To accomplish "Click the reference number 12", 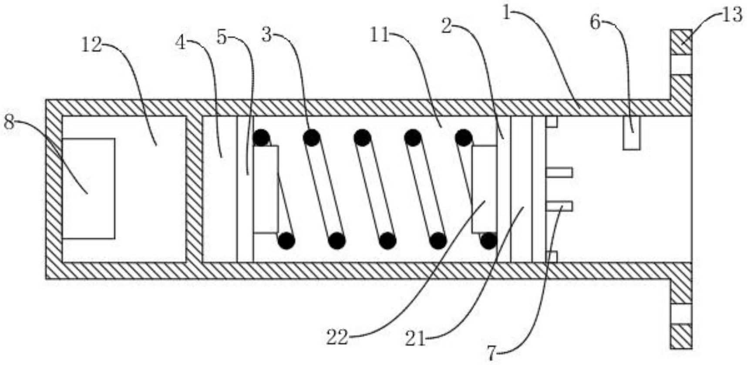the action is [x=92, y=45].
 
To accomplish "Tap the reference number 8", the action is [x=9, y=122].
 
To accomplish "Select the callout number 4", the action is [x=181, y=43].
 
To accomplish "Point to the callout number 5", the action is [x=222, y=38].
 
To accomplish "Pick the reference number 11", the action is [x=379, y=35].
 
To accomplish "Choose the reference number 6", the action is [x=596, y=21].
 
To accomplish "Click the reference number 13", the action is [x=732, y=15].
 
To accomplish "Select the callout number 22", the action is [x=338, y=337].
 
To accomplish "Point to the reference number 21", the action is [x=415, y=338].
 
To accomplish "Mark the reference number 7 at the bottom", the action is [x=492, y=353].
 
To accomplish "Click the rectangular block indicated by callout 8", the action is [x=89, y=189].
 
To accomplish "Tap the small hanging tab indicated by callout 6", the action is [x=631, y=133].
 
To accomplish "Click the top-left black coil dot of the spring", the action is [x=261, y=138].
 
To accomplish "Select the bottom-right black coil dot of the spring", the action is [x=488, y=240].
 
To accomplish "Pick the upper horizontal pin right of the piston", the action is [x=559, y=172].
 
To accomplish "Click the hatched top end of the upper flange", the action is [x=681, y=42].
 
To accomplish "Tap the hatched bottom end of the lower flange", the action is [x=681, y=336].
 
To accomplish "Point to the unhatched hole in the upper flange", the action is [x=681, y=64].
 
